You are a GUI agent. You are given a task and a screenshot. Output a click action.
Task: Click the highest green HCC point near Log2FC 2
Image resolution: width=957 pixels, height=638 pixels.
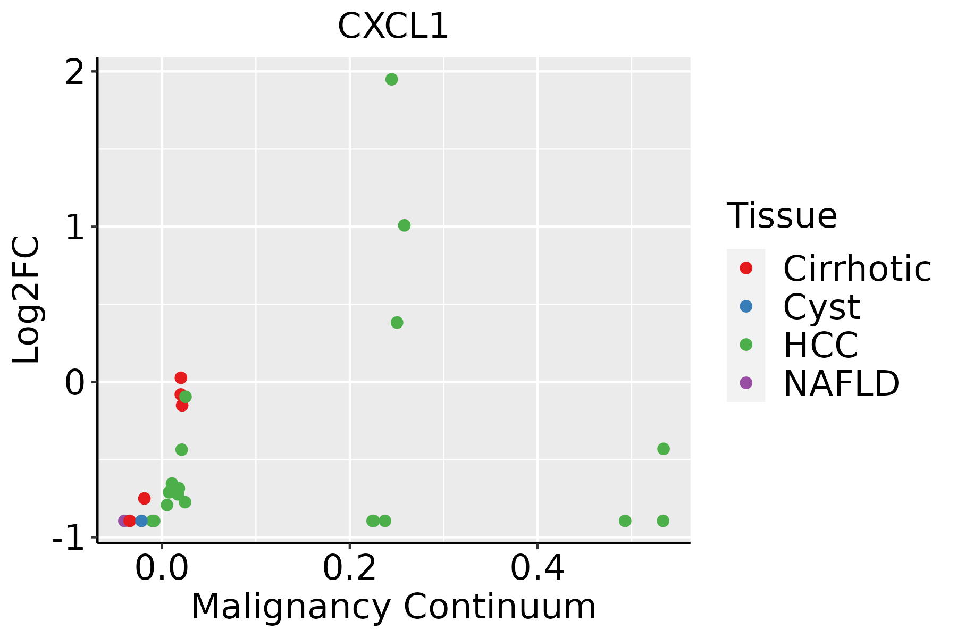point(392,79)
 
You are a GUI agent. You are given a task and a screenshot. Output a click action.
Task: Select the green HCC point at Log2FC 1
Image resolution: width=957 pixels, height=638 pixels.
point(404,225)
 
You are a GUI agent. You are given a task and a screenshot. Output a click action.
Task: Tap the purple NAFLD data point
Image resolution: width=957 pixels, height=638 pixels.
point(123,521)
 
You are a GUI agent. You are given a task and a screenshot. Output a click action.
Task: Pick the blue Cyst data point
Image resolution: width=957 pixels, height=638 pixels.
point(141,521)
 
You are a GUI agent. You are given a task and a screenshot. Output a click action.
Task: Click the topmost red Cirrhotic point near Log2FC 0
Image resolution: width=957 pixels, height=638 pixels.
point(181,378)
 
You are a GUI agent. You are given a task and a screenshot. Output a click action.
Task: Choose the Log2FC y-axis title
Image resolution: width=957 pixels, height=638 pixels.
point(27,300)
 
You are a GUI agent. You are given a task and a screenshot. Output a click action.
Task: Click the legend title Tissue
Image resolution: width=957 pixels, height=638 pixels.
point(782,216)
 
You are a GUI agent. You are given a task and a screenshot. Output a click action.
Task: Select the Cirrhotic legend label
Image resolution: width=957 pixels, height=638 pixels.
point(857,268)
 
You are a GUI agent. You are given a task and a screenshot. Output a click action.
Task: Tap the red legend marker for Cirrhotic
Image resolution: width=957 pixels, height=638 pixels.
point(746,268)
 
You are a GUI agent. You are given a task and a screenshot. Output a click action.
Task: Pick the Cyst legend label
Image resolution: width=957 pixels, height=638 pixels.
point(821,307)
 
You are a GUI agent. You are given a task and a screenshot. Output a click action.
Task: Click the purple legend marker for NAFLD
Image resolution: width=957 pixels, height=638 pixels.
point(746,382)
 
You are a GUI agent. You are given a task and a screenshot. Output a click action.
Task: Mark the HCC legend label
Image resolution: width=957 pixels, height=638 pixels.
point(820,345)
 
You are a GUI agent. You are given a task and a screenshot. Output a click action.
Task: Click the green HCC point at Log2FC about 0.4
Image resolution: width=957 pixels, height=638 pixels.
point(397,323)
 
